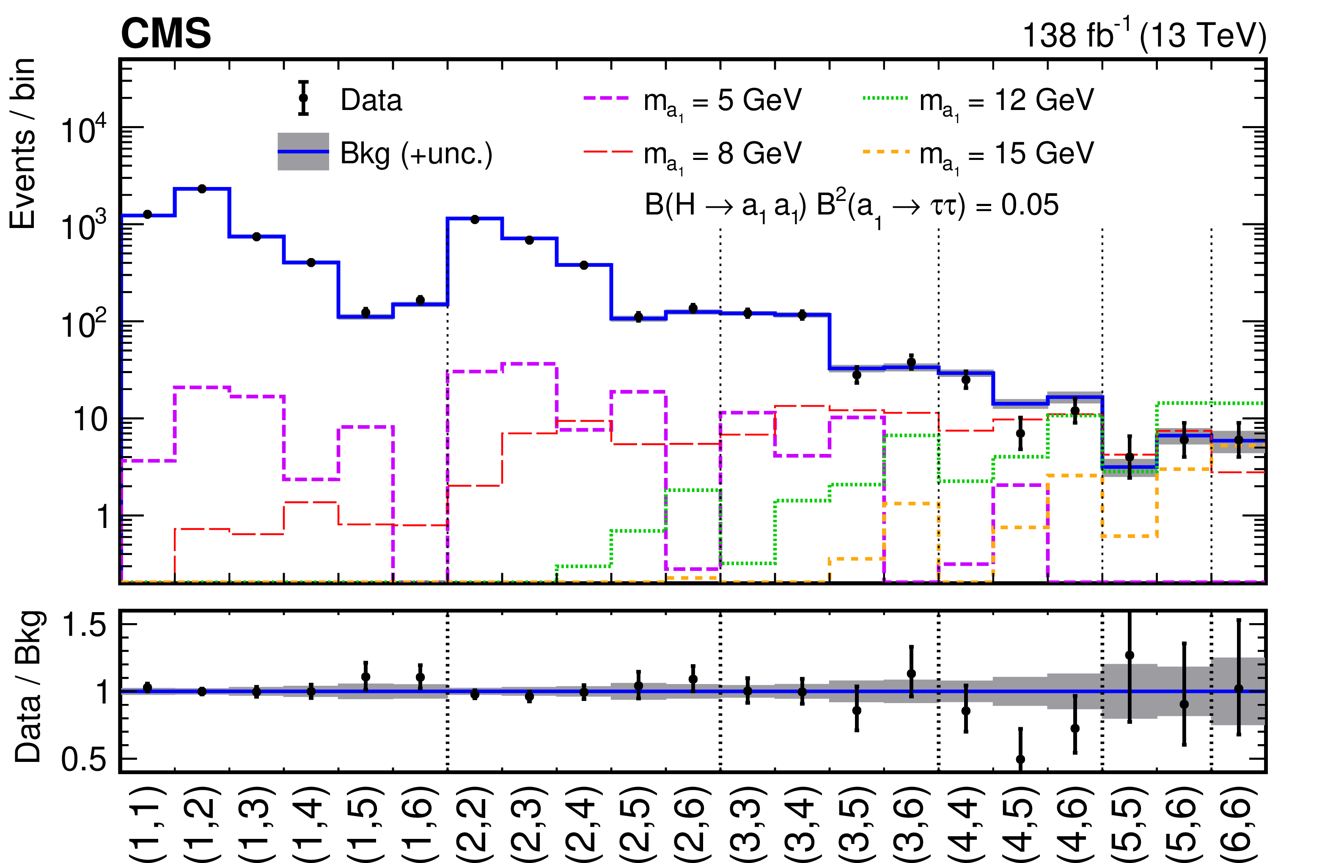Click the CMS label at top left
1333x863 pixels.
coord(166,33)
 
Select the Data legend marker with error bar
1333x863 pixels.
coord(303,98)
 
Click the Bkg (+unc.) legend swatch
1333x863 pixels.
coord(303,151)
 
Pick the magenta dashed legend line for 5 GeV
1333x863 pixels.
coord(606,98)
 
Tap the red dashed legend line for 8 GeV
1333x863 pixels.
coord(606,151)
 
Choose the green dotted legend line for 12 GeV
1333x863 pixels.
coord(885,98)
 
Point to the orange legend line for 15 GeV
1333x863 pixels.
coord(885,151)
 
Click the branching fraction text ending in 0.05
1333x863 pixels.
coord(851,205)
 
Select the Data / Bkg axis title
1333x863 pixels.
coord(28,686)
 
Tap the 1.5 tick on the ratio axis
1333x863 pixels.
coord(84,625)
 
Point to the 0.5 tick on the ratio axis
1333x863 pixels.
coord(84,760)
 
